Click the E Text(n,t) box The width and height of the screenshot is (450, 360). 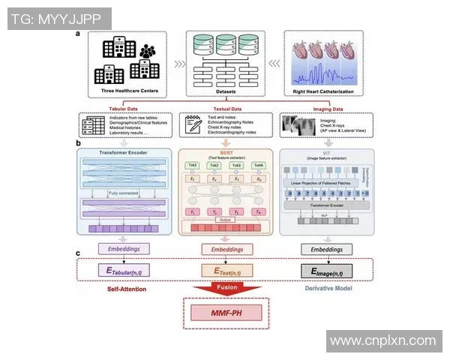226,269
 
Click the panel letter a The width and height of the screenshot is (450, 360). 77,34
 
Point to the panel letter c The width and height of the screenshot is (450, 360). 77,252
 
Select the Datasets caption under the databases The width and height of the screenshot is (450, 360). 226,91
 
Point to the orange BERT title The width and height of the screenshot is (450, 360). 226,151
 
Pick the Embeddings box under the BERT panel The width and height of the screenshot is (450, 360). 226,247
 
